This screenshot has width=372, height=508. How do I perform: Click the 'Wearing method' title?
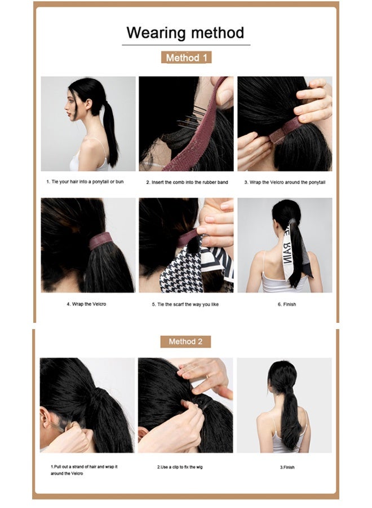pos(185,32)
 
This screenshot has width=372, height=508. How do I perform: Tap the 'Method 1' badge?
pos(185,58)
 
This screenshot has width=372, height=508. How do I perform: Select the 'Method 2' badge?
pos(185,341)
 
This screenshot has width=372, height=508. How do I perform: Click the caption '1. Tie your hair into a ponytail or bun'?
pos(88,182)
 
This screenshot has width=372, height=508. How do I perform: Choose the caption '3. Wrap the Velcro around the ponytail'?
pos(285,182)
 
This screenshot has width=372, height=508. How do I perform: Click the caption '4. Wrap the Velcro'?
pos(88,304)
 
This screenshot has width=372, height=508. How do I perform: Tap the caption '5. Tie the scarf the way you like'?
pos(185,304)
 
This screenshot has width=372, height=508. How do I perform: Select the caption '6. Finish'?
pos(286,304)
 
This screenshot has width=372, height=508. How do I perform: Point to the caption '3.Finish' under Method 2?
pos(287,467)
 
